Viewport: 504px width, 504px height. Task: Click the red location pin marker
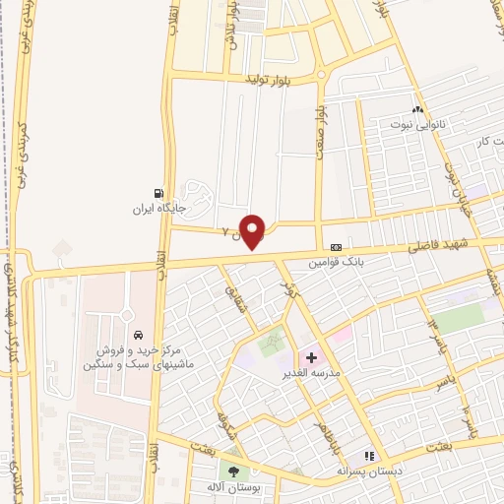(x=253, y=230)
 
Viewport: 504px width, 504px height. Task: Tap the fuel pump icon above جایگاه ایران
(x=158, y=194)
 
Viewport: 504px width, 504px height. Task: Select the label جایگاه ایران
(x=159, y=209)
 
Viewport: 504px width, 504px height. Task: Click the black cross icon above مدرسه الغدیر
(x=313, y=356)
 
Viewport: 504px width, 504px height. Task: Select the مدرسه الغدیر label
(x=313, y=373)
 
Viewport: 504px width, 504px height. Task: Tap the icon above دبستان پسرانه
(x=370, y=456)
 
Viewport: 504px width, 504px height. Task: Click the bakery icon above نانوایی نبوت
(x=417, y=109)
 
